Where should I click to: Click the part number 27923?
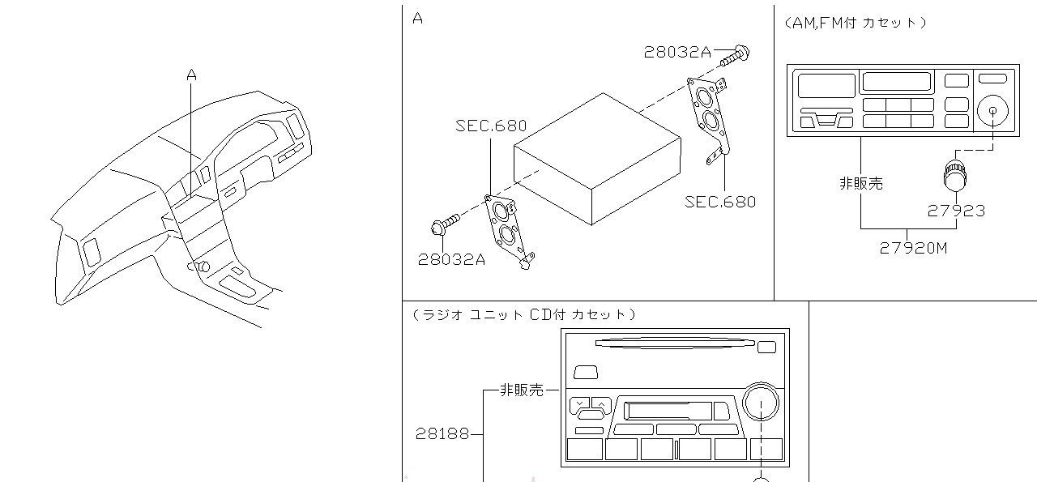click(x=956, y=211)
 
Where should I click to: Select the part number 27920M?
click(x=913, y=248)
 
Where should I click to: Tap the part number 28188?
click(x=442, y=433)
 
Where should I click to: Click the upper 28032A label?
click(x=677, y=53)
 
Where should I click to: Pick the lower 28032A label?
click(x=451, y=259)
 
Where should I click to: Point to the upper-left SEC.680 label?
click(x=491, y=126)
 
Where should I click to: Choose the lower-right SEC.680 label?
click(x=720, y=202)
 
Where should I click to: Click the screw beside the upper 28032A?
click(x=736, y=54)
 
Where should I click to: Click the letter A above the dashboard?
click(x=191, y=75)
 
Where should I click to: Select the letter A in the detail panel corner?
click(x=417, y=18)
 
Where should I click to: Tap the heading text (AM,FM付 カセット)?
click(x=855, y=23)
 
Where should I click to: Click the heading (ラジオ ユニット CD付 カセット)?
click(x=523, y=314)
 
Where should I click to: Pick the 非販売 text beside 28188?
click(x=522, y=390)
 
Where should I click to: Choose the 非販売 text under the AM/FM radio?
click(x=860, y=184)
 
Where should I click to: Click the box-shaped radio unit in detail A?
click(x=598, y=158)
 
